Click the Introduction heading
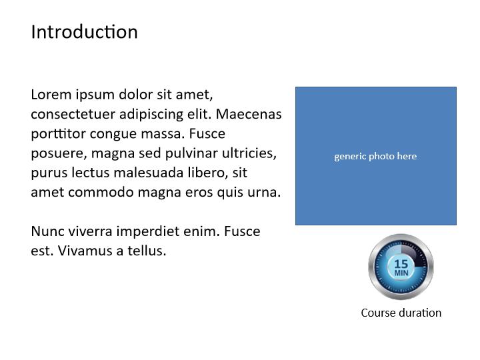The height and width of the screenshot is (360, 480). pyautogui.click(x=84, y=32)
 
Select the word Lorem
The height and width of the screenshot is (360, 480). pyautogui.click(x=51, y=94)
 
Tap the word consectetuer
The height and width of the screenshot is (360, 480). pyautogui.click(x=73, y=114)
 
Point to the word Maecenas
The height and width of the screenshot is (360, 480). pyautogui.click(x=249, y=114)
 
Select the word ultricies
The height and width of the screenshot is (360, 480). pyautogui.click(x=249, y=153)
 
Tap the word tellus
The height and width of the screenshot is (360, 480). pyautogui.click(x=147, y=251)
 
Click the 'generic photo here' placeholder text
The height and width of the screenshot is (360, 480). pyautogui.click(x=375, y=157)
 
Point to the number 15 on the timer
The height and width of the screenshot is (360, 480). pyautogui.click(x=401, y=263)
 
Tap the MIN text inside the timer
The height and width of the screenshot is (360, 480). pyautogui.click(x=401, y=273)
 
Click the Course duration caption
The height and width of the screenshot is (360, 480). pyautogui.click(x=401, y=313)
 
